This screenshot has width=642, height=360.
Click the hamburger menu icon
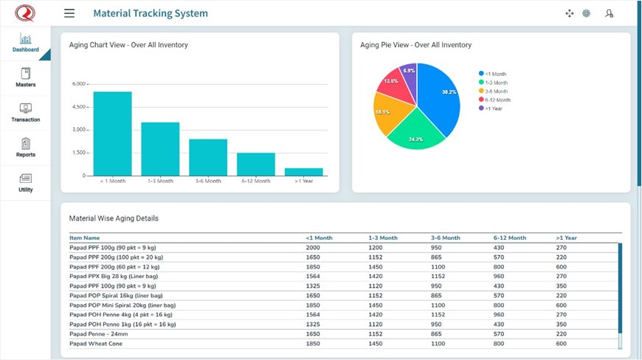pyautogui.click(x=69, y=13)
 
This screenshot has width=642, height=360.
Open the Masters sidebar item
pyautogui.click(x=26, y=77)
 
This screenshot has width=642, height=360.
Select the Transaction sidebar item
pyautogui.click(x=26, y=112)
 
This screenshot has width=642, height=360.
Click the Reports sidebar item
pyautogui.click(x=26, y=148)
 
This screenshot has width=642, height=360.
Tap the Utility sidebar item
pyautogui.click(x=26, y=182)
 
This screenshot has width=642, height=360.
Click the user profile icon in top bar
pyautogui.click(x=609, y=13)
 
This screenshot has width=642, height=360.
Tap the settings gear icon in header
pyautogui.click(x=587, y=13)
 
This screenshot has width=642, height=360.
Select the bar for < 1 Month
pyautogui.click(x=112, y=134)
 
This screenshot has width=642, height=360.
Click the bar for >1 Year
pyautogui.click(x=303, y=172)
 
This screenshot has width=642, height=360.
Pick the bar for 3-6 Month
pyautogui.click(x=208, y=157)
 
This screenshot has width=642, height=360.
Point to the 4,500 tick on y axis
pyautogui.click(x=78, y=107)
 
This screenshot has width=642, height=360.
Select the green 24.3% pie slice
pyautogui.click(x=414, y=131)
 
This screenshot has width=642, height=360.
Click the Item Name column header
pyautogui.click(x=84, y=238)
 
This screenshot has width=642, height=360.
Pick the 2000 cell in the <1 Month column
pyautogui.click(x=313, y=248)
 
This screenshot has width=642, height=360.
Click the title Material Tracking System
pyautogui.click(x=151, y=13)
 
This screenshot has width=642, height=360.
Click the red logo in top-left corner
pyautogui.click(x=25, y=13)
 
